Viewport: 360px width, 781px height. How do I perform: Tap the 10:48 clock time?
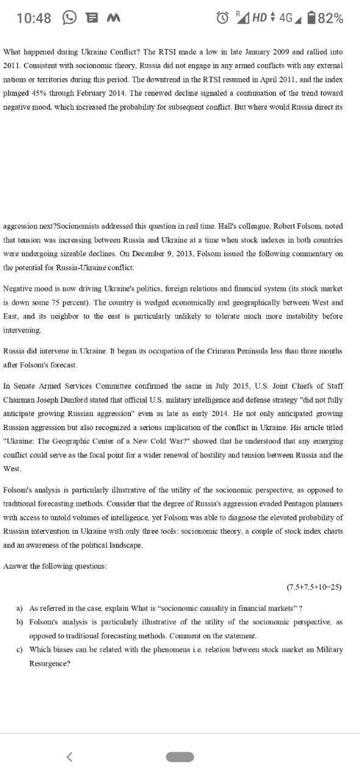pos(34,18)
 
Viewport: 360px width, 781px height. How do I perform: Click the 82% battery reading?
pos(330,18)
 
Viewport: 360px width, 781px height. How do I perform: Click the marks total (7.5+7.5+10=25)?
pos(314,587)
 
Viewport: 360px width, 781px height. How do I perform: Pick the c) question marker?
pos(20,650)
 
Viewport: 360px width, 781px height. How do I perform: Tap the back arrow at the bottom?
pos(70,757)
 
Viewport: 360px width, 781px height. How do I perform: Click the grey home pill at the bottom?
pos(180,757)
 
